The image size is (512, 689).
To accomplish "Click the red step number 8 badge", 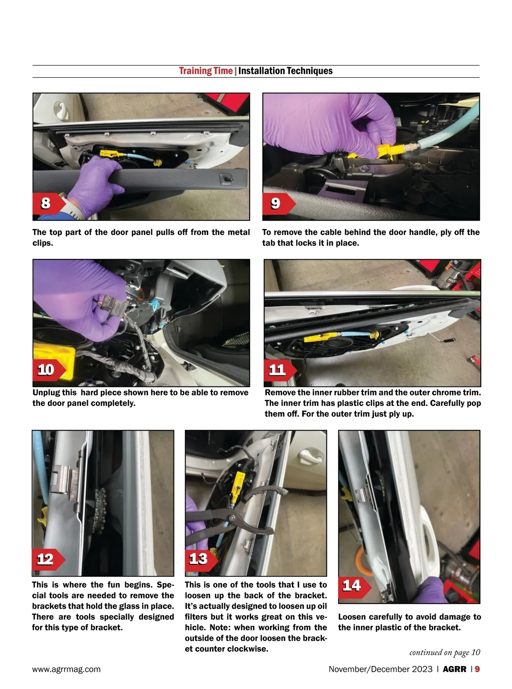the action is [49, 203].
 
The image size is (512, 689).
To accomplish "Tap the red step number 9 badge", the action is [279, 203].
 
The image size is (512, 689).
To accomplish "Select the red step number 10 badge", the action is [49, 369].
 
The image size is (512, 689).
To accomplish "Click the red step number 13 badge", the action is [201, 559].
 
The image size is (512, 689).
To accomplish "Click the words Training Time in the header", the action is [206, 71].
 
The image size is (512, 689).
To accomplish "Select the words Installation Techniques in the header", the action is [285, 71].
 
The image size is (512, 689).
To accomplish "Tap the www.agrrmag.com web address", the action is [67, 669].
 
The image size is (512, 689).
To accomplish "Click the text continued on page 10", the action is [445, 653].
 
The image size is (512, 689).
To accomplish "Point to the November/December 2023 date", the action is [381, 669].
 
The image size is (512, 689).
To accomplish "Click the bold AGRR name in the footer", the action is [454, 669].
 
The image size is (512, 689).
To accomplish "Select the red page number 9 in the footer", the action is [477, 669].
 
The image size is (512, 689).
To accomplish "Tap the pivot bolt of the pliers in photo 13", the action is [232, 518].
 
